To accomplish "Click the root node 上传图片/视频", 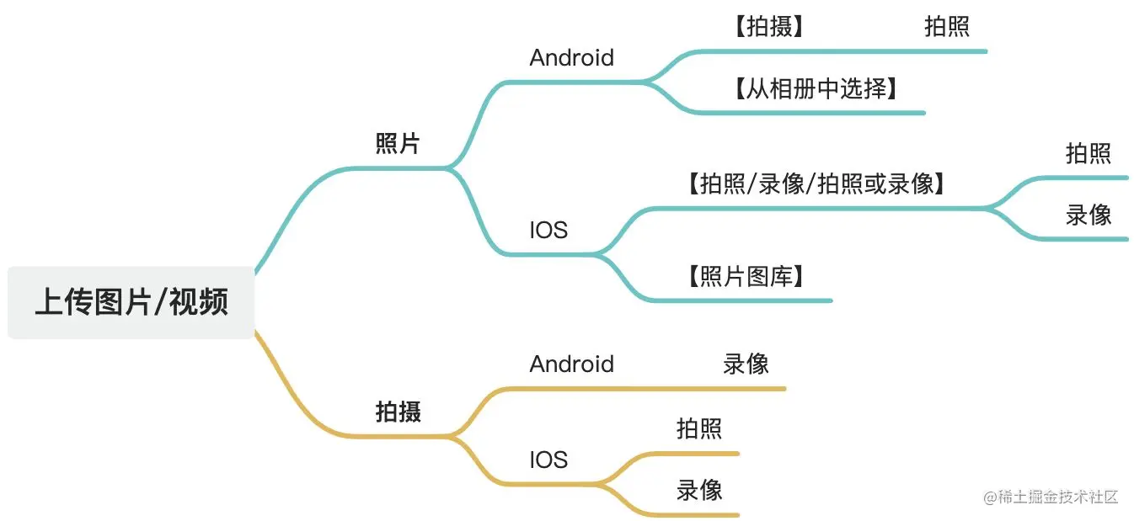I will pos(131,302).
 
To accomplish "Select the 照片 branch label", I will pos(398,143).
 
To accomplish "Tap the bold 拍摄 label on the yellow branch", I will pos(398,412).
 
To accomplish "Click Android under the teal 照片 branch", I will pos(571,58).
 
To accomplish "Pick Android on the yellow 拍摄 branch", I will pos(571,364).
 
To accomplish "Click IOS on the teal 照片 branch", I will pos(548,230).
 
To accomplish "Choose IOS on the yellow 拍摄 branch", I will pos(548,460).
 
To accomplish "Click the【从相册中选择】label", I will pos(816,88).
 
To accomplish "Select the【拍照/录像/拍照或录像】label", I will pos(816,183).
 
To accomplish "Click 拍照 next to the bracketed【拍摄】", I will pos(946,27).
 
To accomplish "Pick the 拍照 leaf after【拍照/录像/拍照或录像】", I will pos(1088,153).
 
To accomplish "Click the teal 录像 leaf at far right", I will pos(1088,215).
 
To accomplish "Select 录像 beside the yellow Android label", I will pos(746,364).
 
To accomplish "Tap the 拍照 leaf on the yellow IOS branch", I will pos(698,428).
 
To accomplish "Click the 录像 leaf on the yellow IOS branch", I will pos(698,490).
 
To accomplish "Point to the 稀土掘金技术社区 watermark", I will pos(1051,497).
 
